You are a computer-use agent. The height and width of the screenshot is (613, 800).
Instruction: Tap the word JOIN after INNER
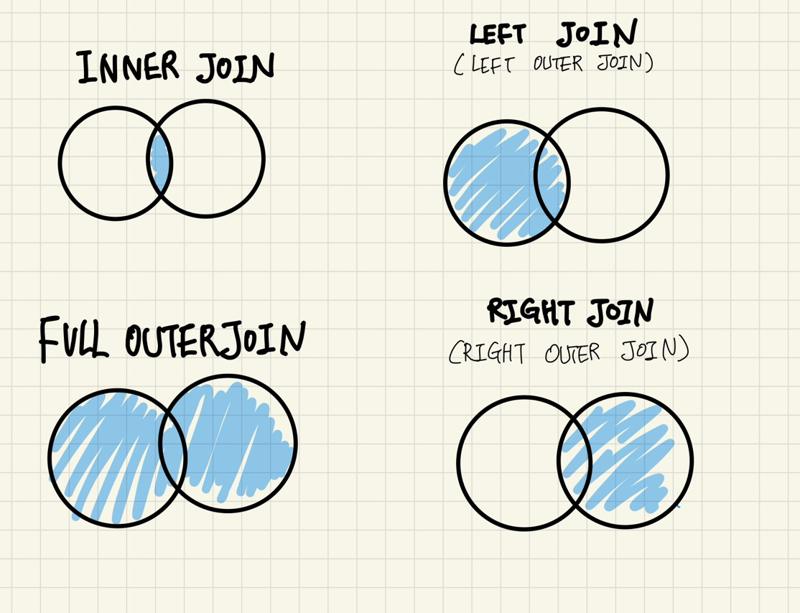coord(236,67)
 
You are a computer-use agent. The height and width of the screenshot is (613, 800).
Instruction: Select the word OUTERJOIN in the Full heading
coord(215,339)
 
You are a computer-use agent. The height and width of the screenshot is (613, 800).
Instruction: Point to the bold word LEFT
coord(498,34)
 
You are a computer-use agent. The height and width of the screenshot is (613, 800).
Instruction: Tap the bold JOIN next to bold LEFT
coord(597,33)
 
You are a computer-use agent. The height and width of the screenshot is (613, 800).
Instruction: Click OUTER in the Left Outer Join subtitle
coord(558,64)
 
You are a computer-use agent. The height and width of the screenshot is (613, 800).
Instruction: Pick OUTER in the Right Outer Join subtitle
coord(572,353)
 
